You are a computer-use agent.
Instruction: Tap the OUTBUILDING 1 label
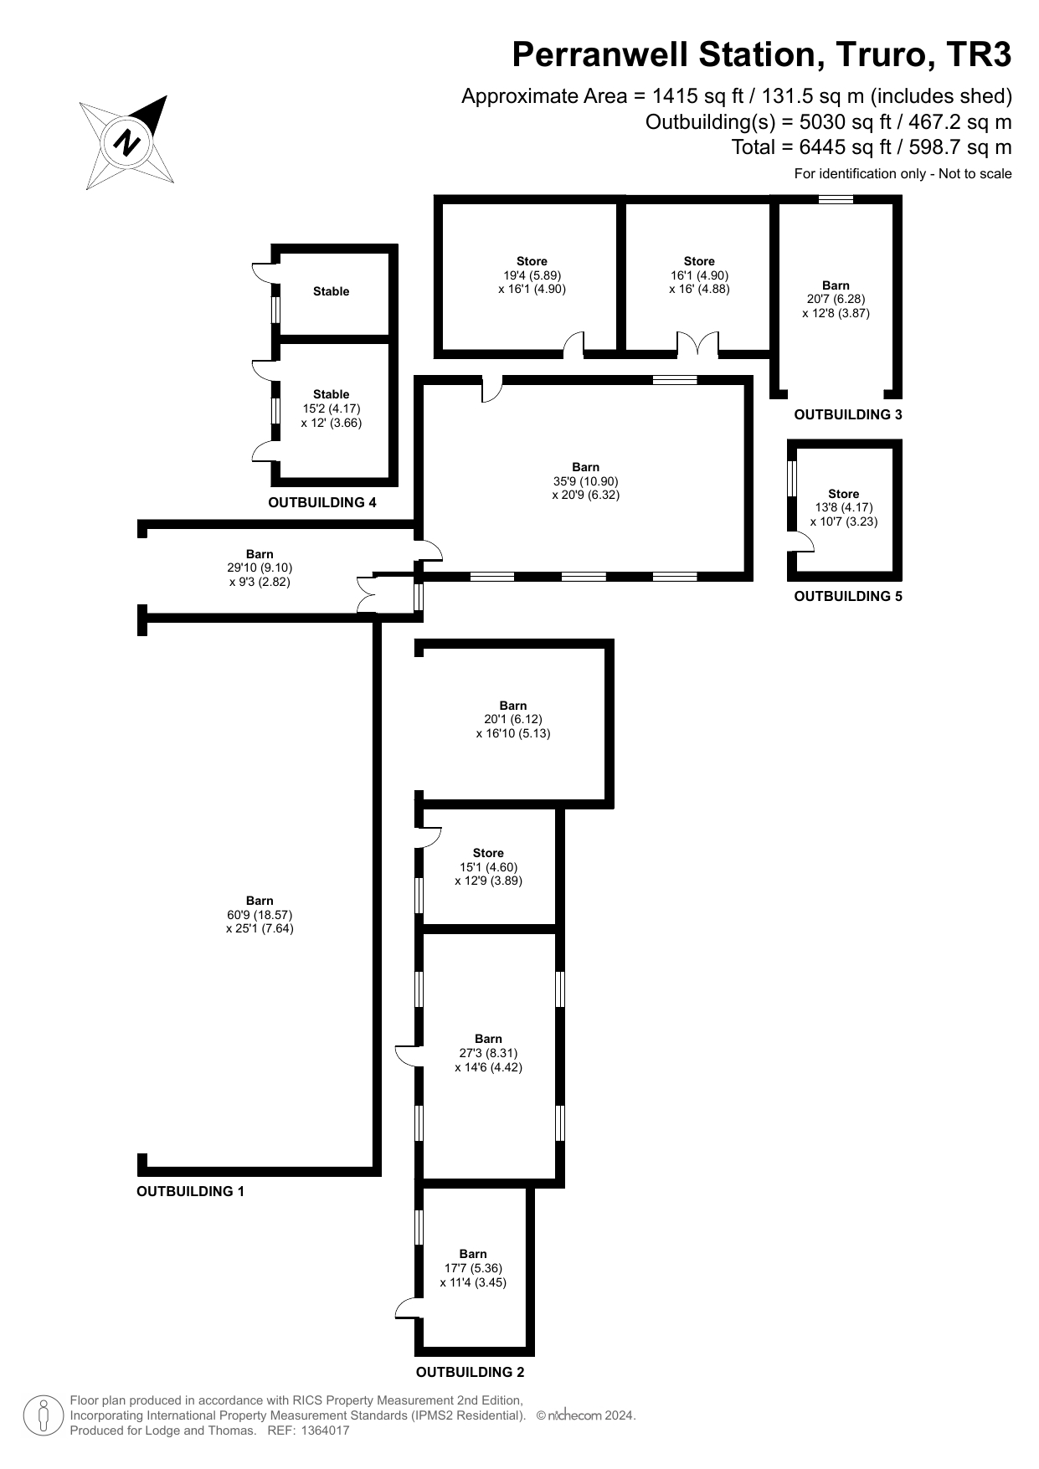[x=190, y=1191]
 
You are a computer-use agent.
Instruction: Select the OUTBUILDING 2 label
[x=470, y=1372]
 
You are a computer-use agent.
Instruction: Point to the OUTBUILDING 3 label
[x=848, y=414]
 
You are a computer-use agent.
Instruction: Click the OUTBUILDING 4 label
[x=322, y=502]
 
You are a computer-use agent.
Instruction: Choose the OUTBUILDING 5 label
[x=848, y=596]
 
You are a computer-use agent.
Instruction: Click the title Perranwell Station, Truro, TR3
[x=762, y=54]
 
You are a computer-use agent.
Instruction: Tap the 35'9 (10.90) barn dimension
[x=586, y=481]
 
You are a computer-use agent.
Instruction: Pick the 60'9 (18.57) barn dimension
[x=260, y=915]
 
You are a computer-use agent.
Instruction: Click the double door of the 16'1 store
[x=698, y=343]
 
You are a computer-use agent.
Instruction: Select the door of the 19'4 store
[x=574, y=344]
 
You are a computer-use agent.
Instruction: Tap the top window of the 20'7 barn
[x=836, y=199]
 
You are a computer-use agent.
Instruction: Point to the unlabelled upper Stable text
[x=332, y=291]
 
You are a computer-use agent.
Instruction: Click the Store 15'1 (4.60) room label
[x=489, y=867]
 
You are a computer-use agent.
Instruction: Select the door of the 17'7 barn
[x=409, y=1308]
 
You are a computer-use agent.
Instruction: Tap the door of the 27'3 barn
[x=409, y=1056]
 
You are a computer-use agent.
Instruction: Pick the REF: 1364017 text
[x=308, y=1430]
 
